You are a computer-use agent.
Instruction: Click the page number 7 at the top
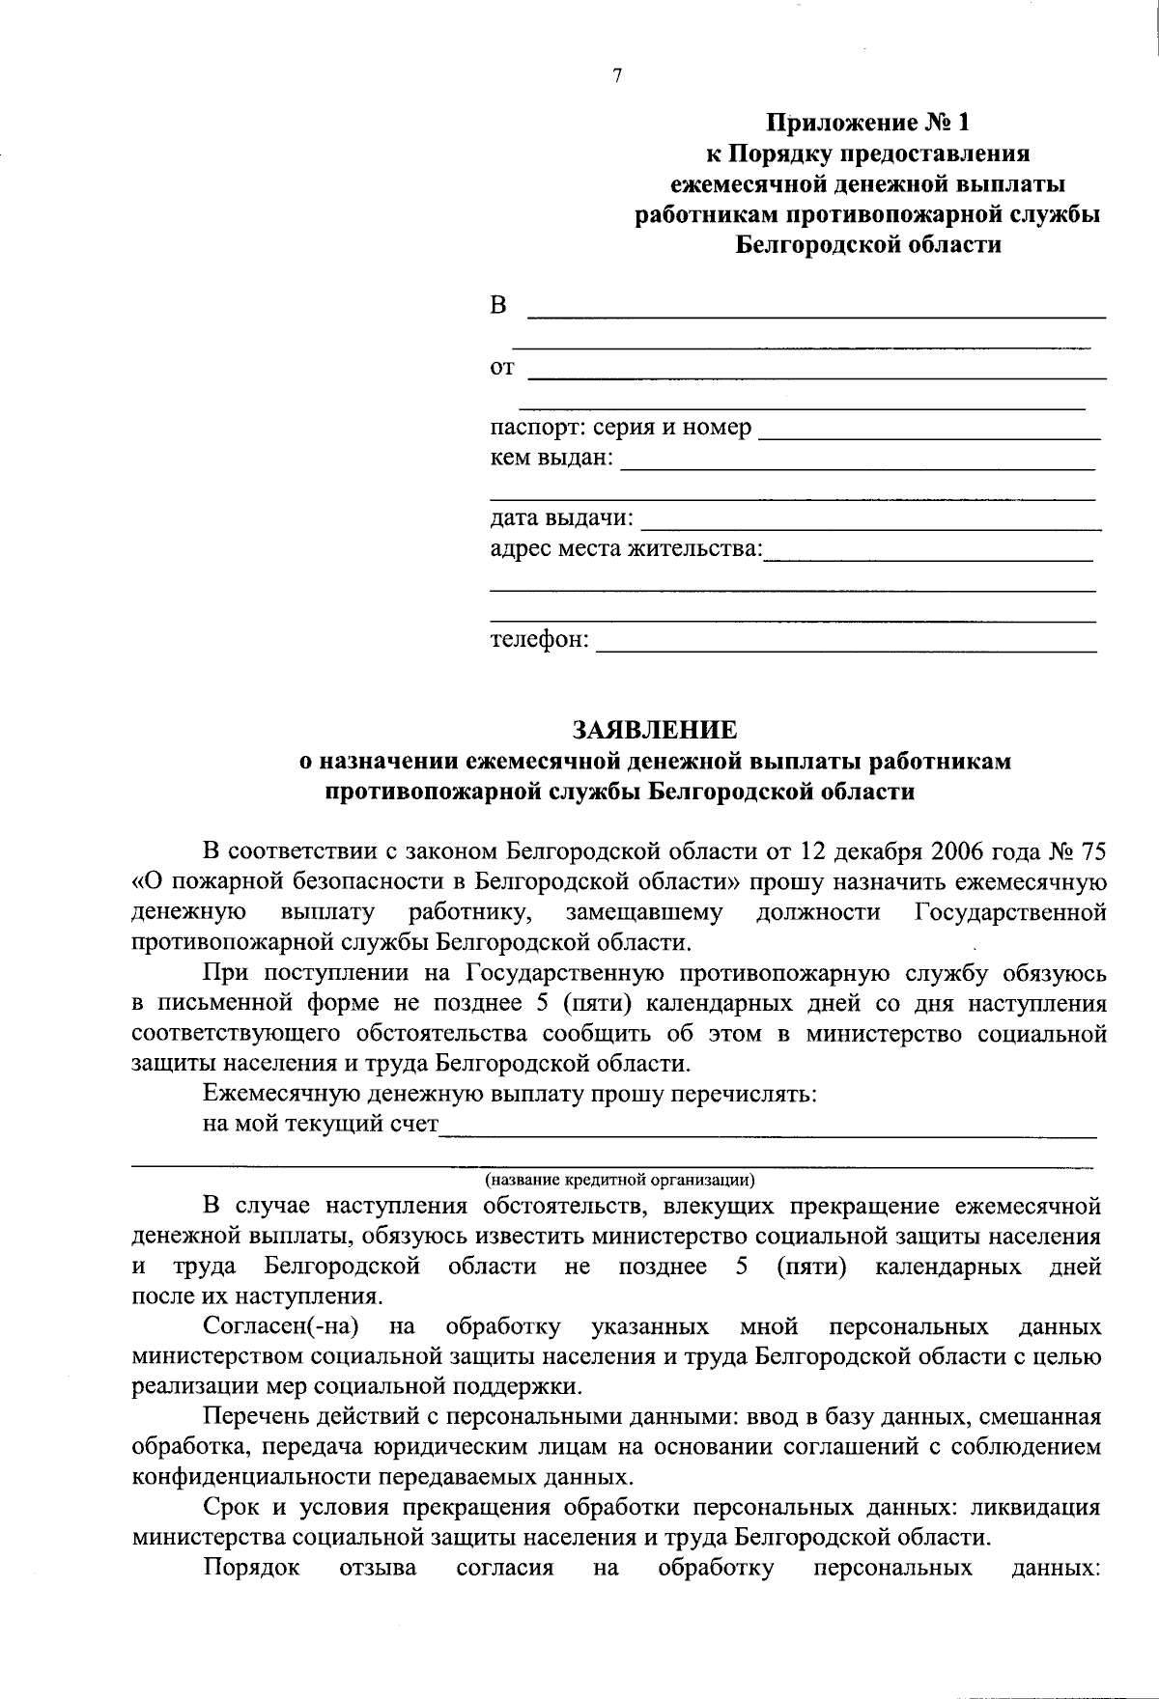click(617, 77)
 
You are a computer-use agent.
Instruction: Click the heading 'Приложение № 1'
click(866, 123)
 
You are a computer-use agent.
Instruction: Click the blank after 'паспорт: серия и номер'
click(929, 430)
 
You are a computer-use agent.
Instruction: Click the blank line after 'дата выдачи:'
click(870, 521)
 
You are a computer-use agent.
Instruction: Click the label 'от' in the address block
click(502, 368)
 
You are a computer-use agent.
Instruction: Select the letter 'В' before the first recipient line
click(498, 306)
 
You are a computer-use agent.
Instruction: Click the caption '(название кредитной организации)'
click(619, 1179)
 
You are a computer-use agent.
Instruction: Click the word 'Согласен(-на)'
click(281, 1326)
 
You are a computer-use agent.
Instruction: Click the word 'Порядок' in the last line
click(251, 1568)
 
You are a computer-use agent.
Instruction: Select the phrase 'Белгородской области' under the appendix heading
click(868, 244)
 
